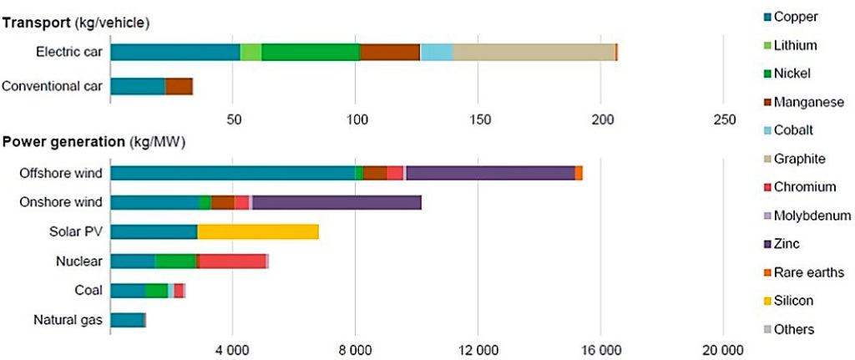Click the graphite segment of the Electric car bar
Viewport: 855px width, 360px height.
pyautogui.click(x=533, y=52)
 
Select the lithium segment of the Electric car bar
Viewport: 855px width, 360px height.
pyautogui.click(x=250, y=52)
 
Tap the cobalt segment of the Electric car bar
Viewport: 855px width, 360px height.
pyautogui.click(x=436, y=52)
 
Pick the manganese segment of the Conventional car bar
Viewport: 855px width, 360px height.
pyautogui.click(x=179, y=86)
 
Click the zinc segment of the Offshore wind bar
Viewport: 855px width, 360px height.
pyautogui.click(x=490, y=173)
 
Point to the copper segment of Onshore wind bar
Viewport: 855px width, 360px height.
pyautogui.click(x=154, y=202)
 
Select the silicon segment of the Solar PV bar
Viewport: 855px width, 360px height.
pyautogui.click(x=257, y=231)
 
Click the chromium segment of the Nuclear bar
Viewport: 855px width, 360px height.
pyautogui.click(x=232, y=261)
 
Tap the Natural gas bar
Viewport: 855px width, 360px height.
pyautogui.click(x=127, y=319)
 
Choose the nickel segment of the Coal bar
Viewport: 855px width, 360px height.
pyautogui.click(x=156, y=291)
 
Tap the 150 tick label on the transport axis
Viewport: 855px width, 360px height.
pyautogui.click(x=478, y=119)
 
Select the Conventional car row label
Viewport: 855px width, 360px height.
pyautogui.click(x=52, y=86)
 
